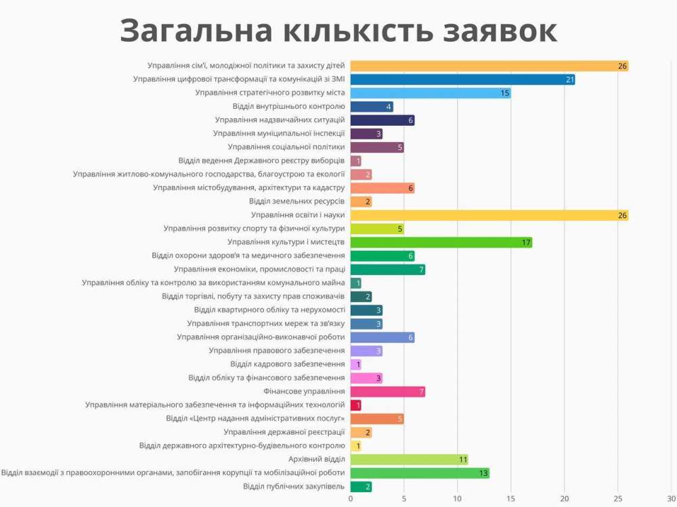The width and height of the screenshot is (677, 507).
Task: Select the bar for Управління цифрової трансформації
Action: [x=462, y=80]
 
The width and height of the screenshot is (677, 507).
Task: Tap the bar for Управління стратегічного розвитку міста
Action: [x=431, y=93]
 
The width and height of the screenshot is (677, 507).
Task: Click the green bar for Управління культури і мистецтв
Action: [x=441, y=243]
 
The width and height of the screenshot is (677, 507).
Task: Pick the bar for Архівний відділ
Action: [x=409, y=460]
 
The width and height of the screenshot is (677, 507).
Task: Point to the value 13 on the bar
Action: [x=483, y=473]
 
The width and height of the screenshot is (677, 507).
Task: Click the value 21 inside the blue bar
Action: [x=569, y=80]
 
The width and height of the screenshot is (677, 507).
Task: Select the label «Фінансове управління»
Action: [x=304, y=391]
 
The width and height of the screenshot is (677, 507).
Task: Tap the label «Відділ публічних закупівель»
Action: [x=294, y=487]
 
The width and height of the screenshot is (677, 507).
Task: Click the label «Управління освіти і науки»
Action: [x=298, y=215]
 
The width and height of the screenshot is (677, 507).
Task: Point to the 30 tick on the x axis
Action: [x=671, y=499]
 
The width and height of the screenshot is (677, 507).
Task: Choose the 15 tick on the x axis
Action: [x=510, y=499]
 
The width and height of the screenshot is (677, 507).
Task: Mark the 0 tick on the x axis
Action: [x=351, y=499]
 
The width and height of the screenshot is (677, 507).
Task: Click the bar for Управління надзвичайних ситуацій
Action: [x=383, y=120]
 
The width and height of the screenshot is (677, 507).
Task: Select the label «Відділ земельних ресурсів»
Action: [x=297, y=201]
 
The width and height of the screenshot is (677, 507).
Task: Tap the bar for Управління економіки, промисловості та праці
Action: [x=387, y=270]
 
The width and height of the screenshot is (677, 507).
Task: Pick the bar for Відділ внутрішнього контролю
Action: [x=372, y=107]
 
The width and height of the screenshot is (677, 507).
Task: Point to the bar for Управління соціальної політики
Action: [x=377, y=147]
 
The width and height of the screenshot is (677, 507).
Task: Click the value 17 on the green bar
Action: [x=526, y=243]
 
